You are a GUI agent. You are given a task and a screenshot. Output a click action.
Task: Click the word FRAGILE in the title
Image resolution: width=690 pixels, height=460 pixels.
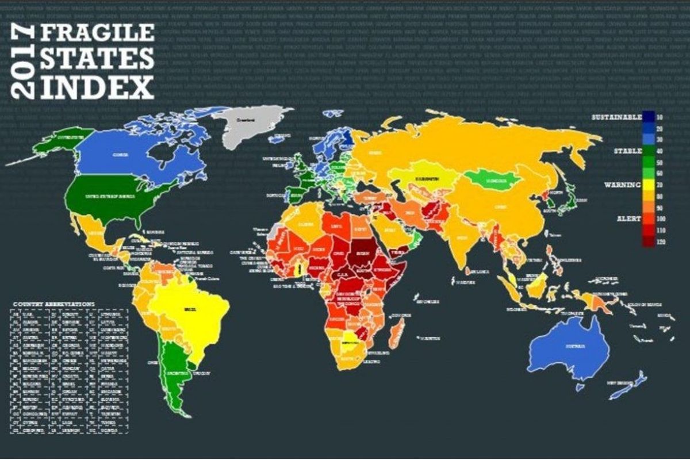click(x=96, y=34)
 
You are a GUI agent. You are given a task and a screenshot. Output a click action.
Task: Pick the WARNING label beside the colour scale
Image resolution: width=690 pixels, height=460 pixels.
click(x=623, y=185)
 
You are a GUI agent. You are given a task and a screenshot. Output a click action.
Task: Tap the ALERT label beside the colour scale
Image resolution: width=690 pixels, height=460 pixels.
click(x=628, y=218)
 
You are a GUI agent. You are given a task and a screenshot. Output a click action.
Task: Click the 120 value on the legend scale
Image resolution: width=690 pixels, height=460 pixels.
click(x=660, y=242)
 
